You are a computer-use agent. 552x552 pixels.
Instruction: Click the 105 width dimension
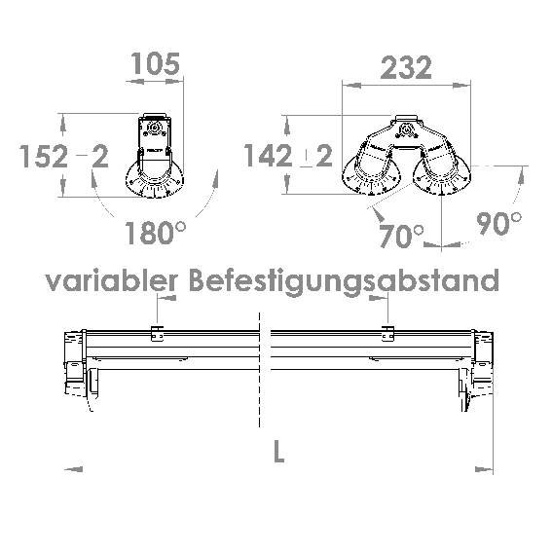(x=155, y=64)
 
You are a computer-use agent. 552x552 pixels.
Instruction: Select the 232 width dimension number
(x=406, y=67)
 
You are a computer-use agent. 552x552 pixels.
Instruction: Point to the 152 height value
(x=43, y=157)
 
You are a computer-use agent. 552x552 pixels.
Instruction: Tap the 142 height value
(x=268, y=156)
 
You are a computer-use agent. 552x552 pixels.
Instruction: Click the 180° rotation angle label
(x=155, y=233)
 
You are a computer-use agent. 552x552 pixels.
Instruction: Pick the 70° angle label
(x=401, y=236)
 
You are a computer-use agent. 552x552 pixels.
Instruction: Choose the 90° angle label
(x=498, y=223)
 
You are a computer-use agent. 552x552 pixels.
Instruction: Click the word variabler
(x=112, y=280)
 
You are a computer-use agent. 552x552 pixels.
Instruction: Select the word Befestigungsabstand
(x=344, y=281)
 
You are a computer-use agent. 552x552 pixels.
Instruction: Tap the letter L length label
(x=278, y=452)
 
